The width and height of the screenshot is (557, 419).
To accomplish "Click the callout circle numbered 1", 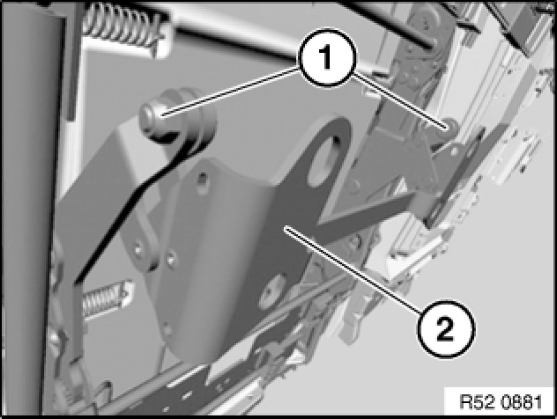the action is click(327, 58).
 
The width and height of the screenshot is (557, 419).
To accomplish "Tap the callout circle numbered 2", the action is click(446, 329).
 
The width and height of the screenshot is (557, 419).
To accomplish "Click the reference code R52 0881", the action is click(500, 402).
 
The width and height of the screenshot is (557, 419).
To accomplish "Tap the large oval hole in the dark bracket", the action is click(324, 160).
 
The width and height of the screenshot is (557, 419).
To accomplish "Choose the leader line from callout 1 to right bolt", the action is click(398, 100).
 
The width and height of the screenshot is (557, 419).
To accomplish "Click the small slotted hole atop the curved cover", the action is click(202, 177).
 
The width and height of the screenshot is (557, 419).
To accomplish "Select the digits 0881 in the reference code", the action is click(521, 402).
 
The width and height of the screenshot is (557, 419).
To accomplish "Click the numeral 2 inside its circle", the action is click(445, 329).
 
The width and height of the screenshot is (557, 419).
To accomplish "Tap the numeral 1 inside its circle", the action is click(326, 58).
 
